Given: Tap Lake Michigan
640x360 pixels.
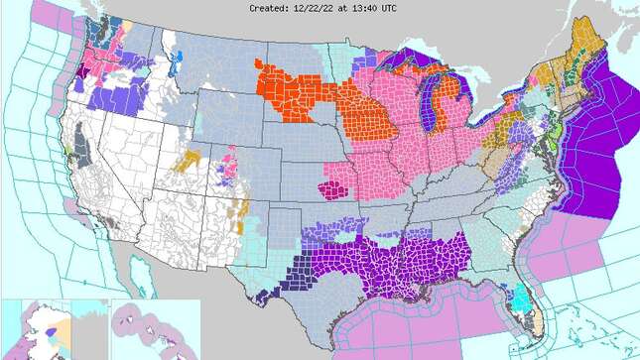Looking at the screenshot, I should [429, 108].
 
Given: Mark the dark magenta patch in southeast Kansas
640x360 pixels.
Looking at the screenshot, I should [331, 188].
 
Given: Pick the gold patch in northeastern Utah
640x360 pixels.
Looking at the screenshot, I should [188, 158].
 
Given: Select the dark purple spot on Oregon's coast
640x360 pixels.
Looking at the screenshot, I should [69, 83].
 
